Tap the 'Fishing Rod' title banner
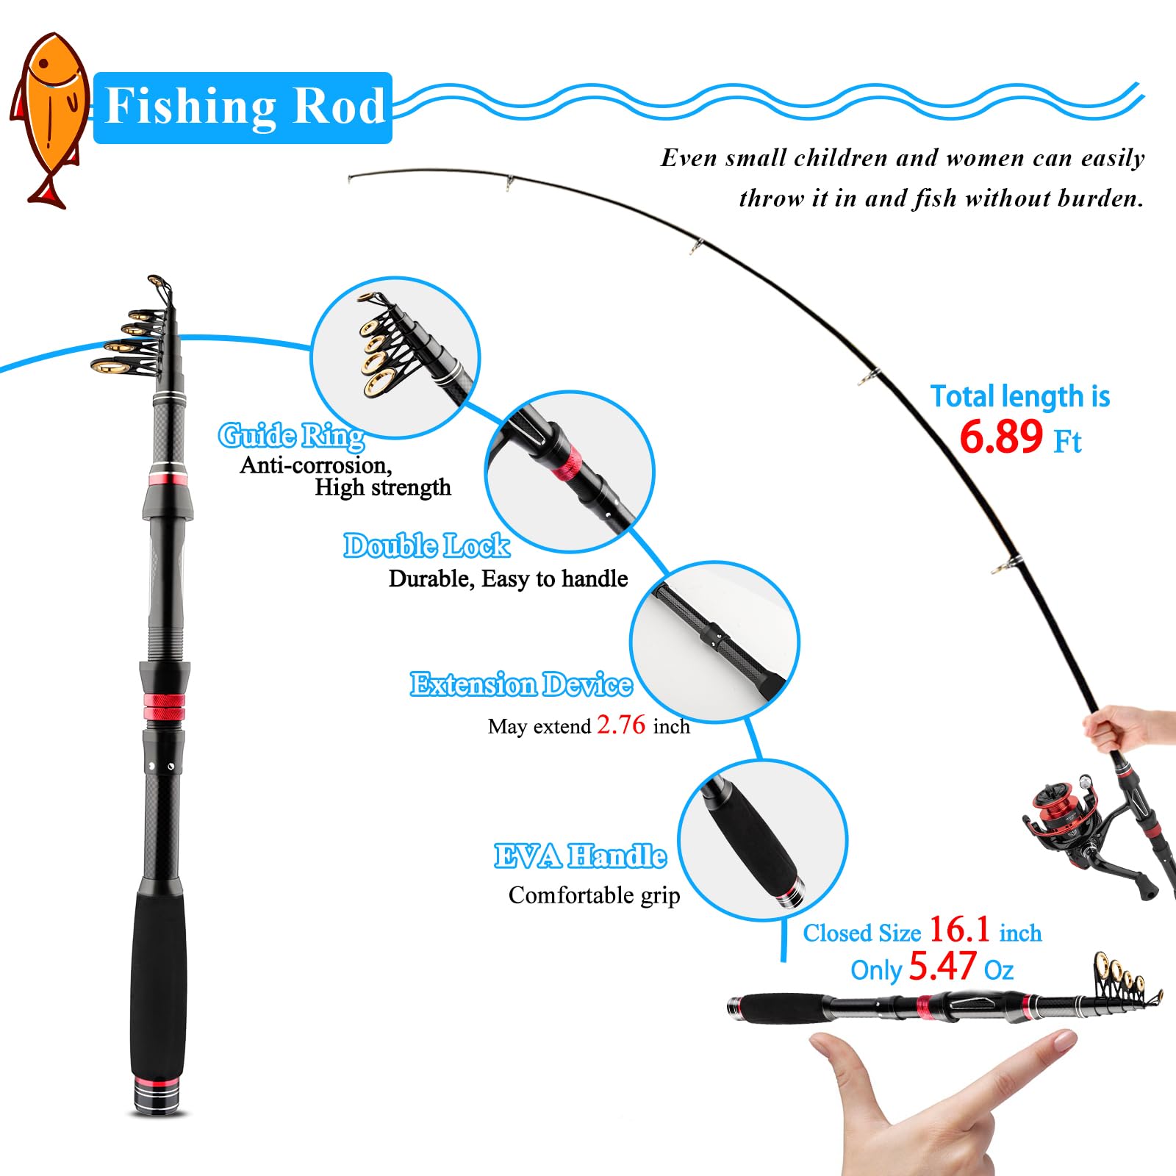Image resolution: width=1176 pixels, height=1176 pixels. pyautogui.click(x=243, y=107)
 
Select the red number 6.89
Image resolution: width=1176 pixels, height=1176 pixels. pyautogui.click(x=1001, y=437)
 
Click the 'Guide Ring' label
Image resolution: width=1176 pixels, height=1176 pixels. pyautogui.click(x=292, y=436)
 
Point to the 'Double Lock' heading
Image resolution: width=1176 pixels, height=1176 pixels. pyautogui.click(x=427, y=545)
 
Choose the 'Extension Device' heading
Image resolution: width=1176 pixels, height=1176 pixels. pyautogui.click(x=521, y=684)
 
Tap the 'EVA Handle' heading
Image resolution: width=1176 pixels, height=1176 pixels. pyautogui.click(x=580, y=856)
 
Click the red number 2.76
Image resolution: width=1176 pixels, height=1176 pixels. pyautogui.click(x=621, y=725)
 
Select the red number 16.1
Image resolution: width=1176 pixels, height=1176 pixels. pyautogui.click(x=960, y=930)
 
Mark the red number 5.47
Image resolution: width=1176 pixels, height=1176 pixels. pyautogui.click(x=943, y=967)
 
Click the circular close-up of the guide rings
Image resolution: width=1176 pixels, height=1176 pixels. pyautogui.click(x=395, y=358)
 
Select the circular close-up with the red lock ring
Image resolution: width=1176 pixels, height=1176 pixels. pyautogui.click(x=570, y=472)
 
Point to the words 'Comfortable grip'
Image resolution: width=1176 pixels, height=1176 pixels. pyautogui.click(x=594, y=895)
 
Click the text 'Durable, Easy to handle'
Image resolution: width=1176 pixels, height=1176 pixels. pyautogui.click(x=508, y=579)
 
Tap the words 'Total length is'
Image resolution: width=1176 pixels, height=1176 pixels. pyautogui.click(x=1020, y=397)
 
